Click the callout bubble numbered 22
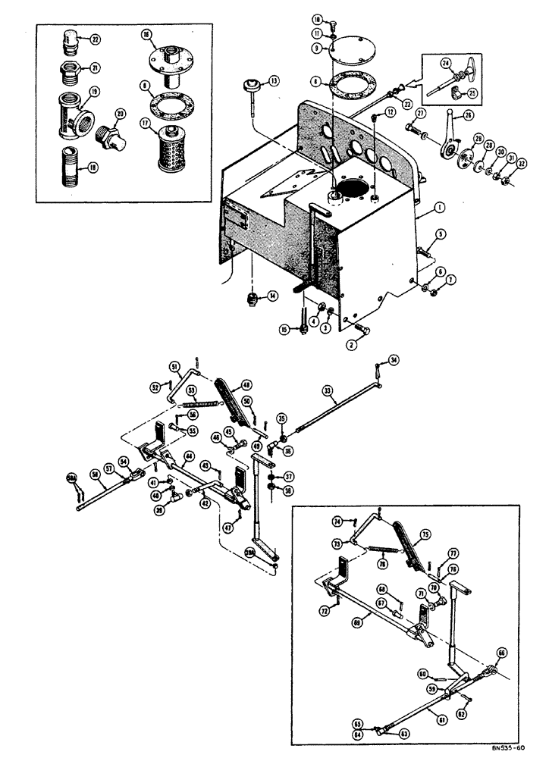coord(95,39)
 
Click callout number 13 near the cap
coord(273,80)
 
